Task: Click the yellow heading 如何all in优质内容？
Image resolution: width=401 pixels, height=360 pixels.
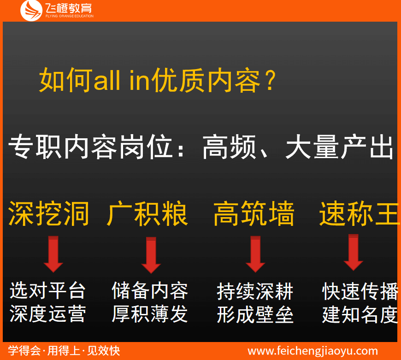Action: (x=158, y=80)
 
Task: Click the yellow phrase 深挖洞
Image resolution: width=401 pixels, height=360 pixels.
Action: (x=49, y=213)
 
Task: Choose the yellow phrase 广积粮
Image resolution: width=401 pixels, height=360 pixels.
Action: (x=147, y=213)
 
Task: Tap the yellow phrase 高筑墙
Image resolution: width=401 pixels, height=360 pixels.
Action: (x=254, y=213)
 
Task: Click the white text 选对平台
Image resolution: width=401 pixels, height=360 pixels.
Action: (x=48, y=291)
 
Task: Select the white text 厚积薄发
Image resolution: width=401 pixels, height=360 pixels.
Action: (x=150, y=314)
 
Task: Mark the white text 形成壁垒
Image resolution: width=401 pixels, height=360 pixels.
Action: (x=255, y=315)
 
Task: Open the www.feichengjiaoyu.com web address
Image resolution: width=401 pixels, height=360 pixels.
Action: (x=313, y=351)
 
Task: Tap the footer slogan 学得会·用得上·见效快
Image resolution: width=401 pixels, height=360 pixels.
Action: (x=64, y=351)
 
